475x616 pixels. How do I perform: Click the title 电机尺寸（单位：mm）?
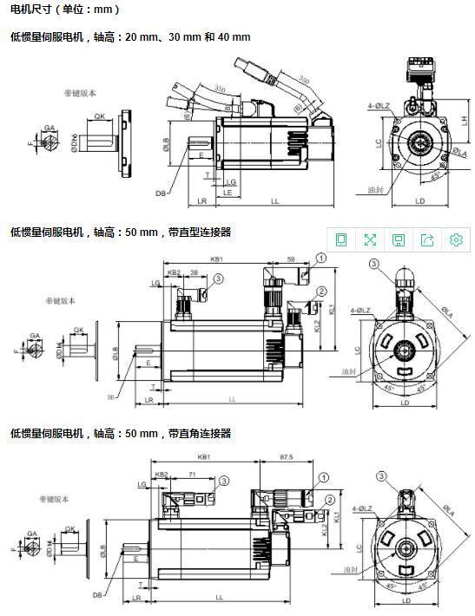(x=65, y=10)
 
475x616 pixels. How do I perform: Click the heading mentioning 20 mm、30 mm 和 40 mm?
(x=130, y=37)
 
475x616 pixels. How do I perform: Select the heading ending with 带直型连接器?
(x=121, y=232)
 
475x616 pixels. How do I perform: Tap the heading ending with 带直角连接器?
(x=121, y=433)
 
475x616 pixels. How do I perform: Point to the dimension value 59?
(x=290, y=259)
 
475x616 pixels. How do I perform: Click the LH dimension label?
(x=464, y=121)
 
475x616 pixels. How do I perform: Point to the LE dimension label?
(x=227, y=193)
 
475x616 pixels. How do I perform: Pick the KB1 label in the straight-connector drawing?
(x=216, y=259)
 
